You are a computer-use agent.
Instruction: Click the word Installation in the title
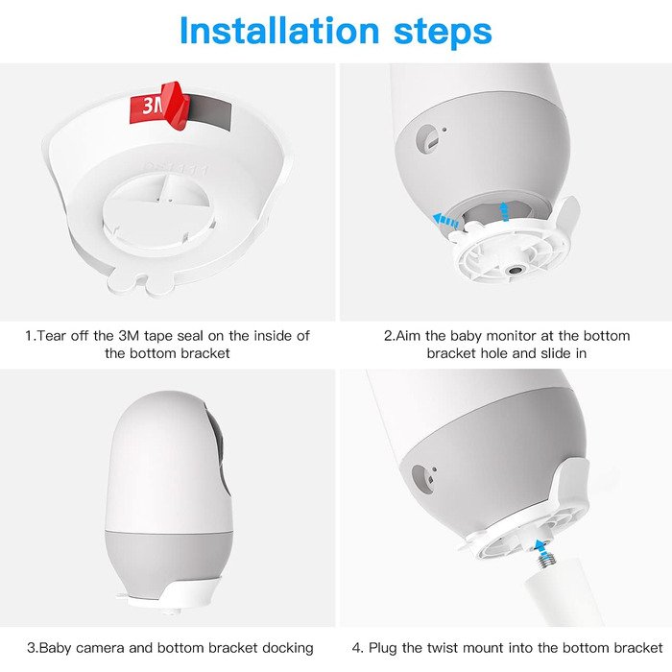coord(279,31)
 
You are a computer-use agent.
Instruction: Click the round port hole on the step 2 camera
coord(427,138)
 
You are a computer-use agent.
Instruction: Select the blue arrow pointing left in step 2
coord(445,221)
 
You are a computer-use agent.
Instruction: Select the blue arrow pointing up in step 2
coord(505,212)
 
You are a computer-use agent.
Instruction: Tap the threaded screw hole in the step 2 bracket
coord(514,270)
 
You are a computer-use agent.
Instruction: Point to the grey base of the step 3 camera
coord(169,561)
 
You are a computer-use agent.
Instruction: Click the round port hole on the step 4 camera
coord(421,479)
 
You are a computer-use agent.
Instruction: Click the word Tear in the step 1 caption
coord(52,336)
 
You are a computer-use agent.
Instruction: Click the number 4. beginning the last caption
coord(357,648)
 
